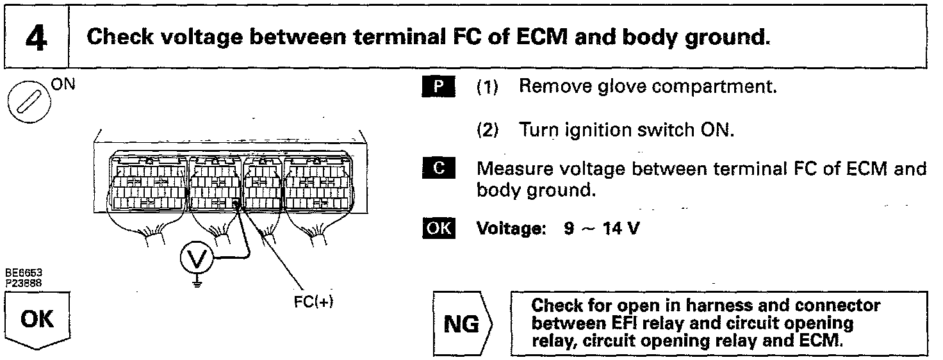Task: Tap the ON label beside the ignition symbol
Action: (x=63, y=85)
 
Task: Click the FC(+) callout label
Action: (x=314, y=302)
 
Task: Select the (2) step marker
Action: (x=488, y=131)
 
